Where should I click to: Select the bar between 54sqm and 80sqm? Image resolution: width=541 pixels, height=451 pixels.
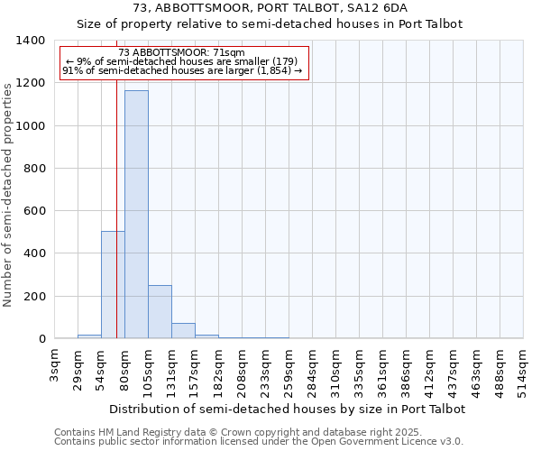[113, 285]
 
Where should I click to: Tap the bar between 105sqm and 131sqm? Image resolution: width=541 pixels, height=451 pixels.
[160, 312]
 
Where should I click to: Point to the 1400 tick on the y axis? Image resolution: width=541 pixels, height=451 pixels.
[32, 41]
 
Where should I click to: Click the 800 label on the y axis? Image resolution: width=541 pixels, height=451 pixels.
[35, 169]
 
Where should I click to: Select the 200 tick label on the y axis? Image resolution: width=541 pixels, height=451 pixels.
[35, 297]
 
